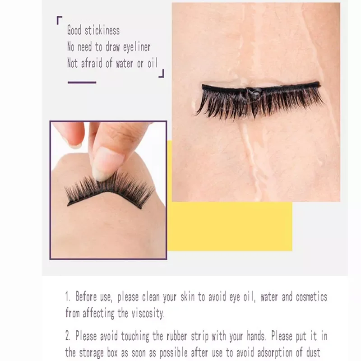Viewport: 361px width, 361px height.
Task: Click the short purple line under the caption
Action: [82, 83]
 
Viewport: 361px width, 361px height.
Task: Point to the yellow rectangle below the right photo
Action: [230, 226]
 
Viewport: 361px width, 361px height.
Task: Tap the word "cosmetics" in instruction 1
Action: [311, 297]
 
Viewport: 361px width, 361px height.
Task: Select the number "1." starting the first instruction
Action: [68, 297]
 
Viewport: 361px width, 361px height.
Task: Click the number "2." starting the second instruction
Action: [69, 336]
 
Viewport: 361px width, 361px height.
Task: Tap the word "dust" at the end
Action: [311, 352]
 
